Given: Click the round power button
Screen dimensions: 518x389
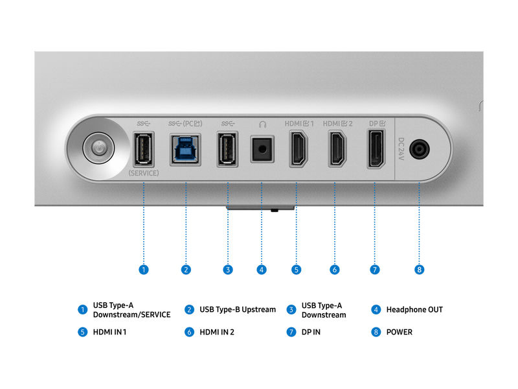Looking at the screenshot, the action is (x=99, y=148).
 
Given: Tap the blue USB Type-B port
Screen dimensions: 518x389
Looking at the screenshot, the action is (x=185, y=150).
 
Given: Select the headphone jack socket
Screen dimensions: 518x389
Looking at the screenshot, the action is (x=262, y=149).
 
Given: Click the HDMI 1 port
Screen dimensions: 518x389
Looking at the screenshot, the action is (x=298, y=148).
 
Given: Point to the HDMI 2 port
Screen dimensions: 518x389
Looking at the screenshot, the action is (x=337, y=148).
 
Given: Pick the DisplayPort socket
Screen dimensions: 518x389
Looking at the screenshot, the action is (x=376, y=148).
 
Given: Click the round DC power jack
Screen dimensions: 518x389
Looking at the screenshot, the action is (x=420, y=149).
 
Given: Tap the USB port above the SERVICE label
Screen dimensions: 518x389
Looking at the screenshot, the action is (x=144, y=150).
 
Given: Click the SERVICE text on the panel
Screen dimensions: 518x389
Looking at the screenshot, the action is (x=144, y=173).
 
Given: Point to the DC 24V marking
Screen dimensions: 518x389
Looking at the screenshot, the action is (x=401, y=149).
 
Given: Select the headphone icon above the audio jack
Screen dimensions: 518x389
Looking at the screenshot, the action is (x=263, y=124).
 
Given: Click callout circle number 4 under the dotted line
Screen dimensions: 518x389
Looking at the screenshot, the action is (x=262, y=270).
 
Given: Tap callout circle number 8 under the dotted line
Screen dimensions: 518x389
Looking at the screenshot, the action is (x=419, y=270).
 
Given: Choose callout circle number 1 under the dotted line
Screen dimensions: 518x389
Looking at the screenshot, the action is (x=144, y=270).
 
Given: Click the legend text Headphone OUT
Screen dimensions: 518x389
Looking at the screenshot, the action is (x=414, y=310).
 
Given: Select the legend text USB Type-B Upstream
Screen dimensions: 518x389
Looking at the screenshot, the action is (x=238, y=310).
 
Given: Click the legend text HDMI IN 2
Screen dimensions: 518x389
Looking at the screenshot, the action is (x=217, y=332).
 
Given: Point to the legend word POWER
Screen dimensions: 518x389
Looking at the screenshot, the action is (x=400, y=332).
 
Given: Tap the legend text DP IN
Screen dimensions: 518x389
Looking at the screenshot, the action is (x=311, y=332).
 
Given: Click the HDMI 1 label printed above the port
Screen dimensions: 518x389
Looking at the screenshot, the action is (x=299, y=124).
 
